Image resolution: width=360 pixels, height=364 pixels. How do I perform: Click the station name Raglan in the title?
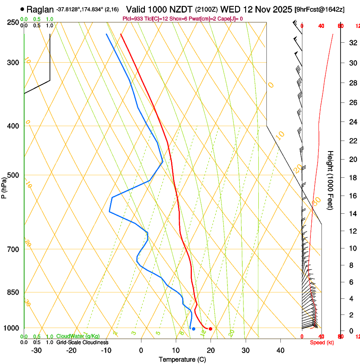click(x=40, y=9)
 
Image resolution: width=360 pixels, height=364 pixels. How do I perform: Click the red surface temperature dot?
click(x=210, y=329)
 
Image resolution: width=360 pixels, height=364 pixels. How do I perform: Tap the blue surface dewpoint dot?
click(x=194, y=329)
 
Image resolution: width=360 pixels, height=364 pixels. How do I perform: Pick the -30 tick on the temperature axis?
click(x=36, y=350)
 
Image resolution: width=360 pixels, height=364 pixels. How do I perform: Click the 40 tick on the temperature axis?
click(x=280, y=350)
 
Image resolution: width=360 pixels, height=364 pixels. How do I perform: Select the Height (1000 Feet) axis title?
click(x=331, y=180)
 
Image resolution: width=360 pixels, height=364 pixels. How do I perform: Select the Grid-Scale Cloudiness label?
click(x=82, y=342)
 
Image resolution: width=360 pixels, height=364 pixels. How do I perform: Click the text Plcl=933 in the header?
click(x=133, y=19)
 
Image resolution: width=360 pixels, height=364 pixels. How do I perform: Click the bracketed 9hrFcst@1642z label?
click(x=326, y=9)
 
